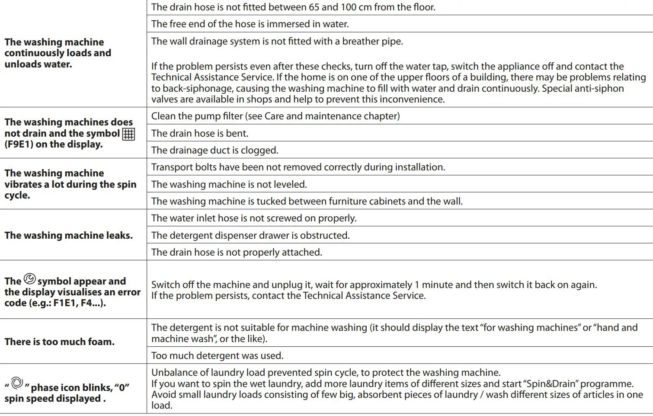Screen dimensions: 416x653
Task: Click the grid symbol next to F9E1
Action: tap(128, 134)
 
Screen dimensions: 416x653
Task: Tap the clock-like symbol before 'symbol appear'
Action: tap(29, 279)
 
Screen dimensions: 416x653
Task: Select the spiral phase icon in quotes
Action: tap(17, 383)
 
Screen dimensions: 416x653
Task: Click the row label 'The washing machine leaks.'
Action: tap(68, 235)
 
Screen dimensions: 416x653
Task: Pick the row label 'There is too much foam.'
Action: tap(60, 342)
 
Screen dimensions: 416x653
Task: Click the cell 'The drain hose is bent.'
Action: tap(200, 133)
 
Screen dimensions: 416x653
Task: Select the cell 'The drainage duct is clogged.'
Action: tap(214, 150)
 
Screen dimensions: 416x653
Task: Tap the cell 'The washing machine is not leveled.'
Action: tap(229, 184)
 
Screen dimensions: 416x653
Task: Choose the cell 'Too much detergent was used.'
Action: tap(217, 355)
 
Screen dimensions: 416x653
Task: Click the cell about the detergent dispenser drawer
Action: tap(250, 235)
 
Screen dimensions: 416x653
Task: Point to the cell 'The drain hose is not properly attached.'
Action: tap(237, 252)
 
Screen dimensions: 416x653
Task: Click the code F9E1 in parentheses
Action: tap(19, 144)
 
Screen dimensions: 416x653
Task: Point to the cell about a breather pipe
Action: tap(277, 42)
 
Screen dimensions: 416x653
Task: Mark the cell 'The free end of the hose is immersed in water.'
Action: tap(250, 24)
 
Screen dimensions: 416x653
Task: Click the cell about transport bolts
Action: tap(298, 167)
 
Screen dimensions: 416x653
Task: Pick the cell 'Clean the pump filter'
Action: tap(275, 116)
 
